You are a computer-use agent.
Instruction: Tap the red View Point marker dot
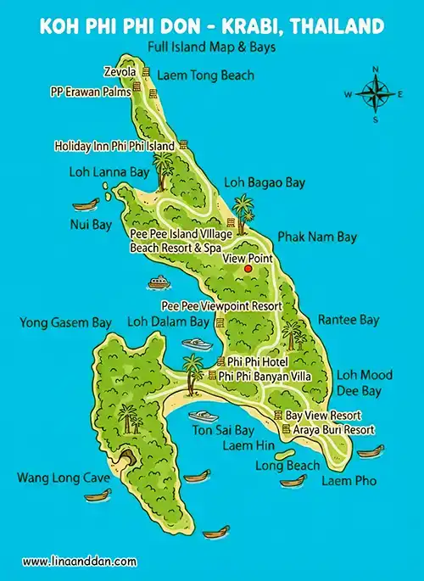[248, 269]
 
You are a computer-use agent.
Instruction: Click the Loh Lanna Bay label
[109, 171]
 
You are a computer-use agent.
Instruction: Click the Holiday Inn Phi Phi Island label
[114, 146]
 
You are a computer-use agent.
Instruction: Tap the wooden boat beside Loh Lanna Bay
[84, 204]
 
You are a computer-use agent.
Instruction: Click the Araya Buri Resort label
[334, 430]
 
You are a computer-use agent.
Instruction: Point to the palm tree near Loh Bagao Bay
[244, 208]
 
